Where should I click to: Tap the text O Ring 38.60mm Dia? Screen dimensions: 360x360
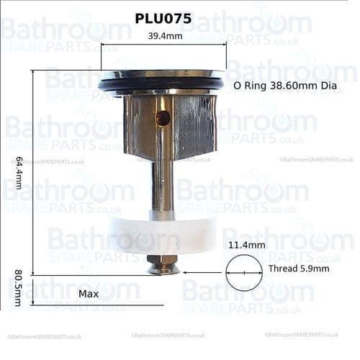285,86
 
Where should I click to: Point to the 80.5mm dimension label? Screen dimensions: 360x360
18,288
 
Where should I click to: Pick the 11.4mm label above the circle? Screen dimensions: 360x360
246,245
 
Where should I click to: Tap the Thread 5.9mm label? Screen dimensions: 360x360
298,269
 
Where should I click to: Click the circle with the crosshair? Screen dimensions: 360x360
243,273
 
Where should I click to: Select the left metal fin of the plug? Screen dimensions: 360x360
137,126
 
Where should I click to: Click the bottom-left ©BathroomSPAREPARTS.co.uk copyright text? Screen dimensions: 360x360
44,336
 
